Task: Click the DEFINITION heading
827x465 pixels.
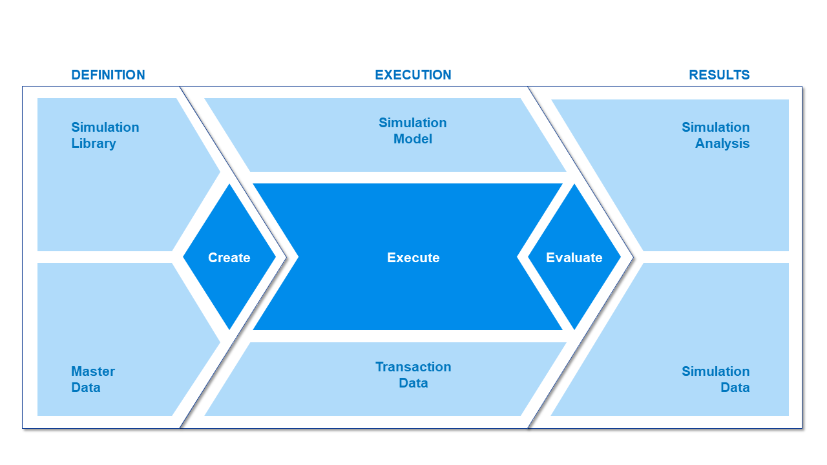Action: pos(108,75)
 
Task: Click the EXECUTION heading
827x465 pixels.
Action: pos(413,75)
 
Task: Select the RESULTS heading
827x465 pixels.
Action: pos(719,75)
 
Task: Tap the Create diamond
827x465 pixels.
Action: pos(229,257)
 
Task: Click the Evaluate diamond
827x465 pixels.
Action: pos(574,257)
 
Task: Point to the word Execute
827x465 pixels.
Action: pos(413,258)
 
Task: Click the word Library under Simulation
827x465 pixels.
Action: pos(94,143)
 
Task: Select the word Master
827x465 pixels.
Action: pos(93,371)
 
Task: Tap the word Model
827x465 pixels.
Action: pos(413,139)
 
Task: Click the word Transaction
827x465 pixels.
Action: pos(413,367)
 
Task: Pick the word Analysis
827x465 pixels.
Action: pos(722,143)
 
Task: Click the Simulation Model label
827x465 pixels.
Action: pos(413,131)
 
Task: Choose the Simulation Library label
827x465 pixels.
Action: pos(105,136)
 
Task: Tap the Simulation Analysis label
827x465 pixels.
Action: pos(715,136)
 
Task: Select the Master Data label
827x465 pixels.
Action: pos(93,379)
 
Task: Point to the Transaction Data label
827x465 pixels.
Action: pos(413,375)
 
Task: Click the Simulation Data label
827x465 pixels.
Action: pos(715,379)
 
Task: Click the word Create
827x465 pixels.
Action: pos(229,258)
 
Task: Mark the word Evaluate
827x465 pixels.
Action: pos(574,258)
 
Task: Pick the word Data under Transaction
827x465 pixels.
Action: pos(413,383)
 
